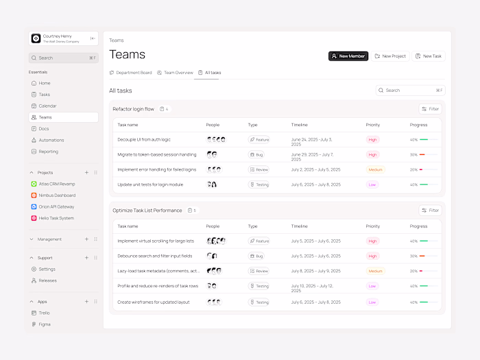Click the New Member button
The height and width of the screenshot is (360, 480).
coord(348,56)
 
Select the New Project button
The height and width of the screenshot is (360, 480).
coord(390,56)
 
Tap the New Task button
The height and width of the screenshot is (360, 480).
coord(429,56)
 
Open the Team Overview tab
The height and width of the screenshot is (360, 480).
coord(175,73)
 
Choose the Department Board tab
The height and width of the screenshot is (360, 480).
coord(131,73)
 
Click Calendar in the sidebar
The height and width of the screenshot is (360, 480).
coord(47,106)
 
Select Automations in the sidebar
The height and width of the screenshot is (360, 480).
coord(51,140)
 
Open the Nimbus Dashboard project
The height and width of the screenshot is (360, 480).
coord(57,195)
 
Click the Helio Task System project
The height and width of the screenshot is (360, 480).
coord(56,218)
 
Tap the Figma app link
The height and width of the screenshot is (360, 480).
coord(44,324)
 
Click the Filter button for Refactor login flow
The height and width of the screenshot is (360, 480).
coord(431,109)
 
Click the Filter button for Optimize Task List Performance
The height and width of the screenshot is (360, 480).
coord(431,211)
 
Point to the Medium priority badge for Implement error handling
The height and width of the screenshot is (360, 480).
coord(375,169)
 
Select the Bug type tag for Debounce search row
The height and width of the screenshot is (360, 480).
coord(256,256)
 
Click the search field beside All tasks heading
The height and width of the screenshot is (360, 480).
coord(409,91)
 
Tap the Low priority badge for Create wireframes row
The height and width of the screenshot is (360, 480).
coord(372,302)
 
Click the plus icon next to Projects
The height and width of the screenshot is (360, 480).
coord(86,173)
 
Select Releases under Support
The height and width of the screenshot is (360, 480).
coord(48,280)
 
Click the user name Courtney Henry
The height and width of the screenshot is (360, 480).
coord(57,36)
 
